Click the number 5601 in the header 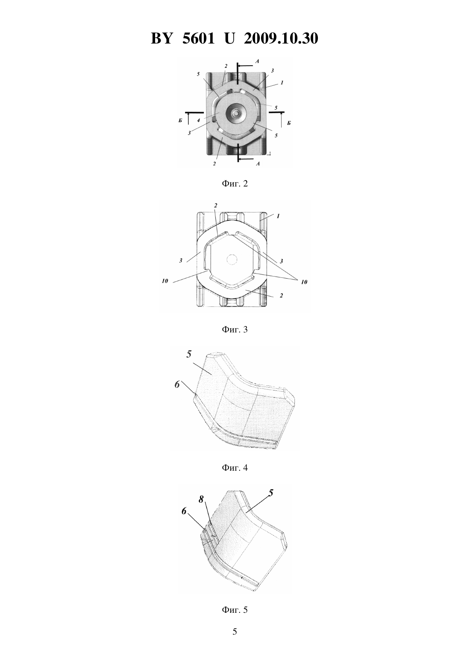(x=198, y=38)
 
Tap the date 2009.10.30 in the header (x=281, y=38)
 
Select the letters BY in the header (x=162, y=38)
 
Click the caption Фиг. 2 (x=235, y=184)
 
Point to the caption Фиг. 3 (x=235, y=329)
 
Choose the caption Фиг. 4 (x=235, y=468)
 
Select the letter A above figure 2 (x=257, y=61)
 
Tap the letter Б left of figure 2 (x=180, y=122)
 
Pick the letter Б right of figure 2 (x=288, y=123)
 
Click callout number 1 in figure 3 (x=278, y=216)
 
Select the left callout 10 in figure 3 (x=165, y=281)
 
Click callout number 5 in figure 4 (x=189, y=354)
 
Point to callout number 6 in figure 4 (x=177, y=385)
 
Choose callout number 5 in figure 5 (x=270, y=493)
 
